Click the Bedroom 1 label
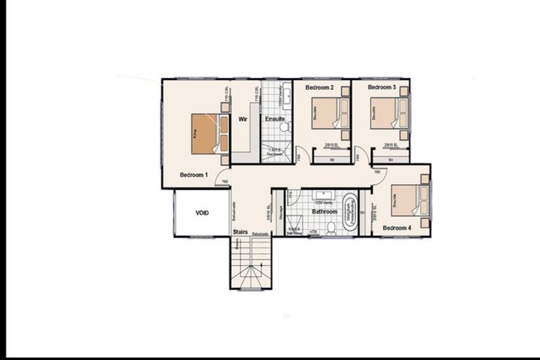click(193, 174)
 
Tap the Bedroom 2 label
click(319, 88)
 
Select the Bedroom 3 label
click(382, 88)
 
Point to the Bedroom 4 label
click(397, 228)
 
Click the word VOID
click(202, 213)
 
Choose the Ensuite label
click(275, 120)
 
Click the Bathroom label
click(325, 211)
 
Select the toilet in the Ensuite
click(285, 127)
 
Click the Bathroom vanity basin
click(325, 195)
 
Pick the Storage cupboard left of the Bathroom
click(278, 213)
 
